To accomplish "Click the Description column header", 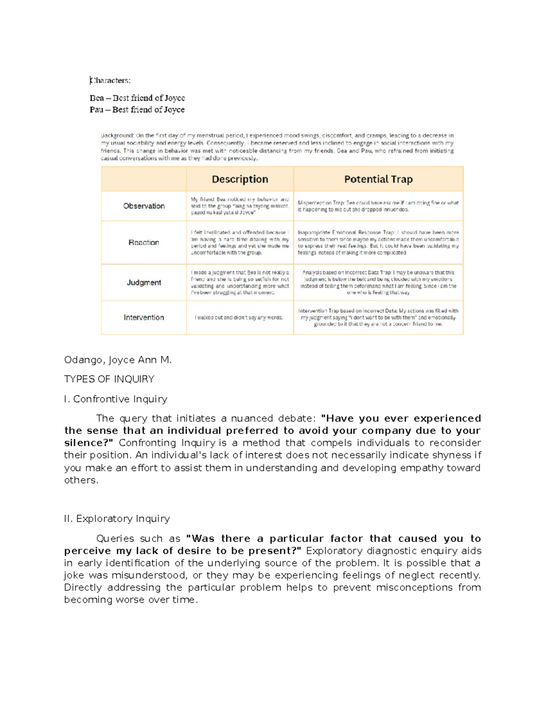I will tap(240, 179).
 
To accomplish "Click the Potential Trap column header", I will tap(378, 179).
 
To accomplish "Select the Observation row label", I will tap(144, 206).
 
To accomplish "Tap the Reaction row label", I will tap(144, 243).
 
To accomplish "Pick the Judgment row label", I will tap(144, 283).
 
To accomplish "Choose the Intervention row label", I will tap(144, 318).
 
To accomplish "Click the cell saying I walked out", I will tap(239, 318).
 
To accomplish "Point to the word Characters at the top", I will tap(110, 81).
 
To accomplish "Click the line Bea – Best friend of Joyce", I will tap(137, 98).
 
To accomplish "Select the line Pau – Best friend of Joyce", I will tap(137, 110).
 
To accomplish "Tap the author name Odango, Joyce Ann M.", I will tap(118, 360).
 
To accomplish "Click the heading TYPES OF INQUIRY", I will tap(109, 379).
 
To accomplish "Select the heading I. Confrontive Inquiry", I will tap(116, 399).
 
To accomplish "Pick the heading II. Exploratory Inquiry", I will tap(117, 519).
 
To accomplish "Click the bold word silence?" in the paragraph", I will tap(89, 443).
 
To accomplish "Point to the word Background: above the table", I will tap(117, 136).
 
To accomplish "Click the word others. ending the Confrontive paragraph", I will tap(81, 480).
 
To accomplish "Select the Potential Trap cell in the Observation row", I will tap(378, 206).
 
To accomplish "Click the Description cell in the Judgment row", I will tap(240, 283).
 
